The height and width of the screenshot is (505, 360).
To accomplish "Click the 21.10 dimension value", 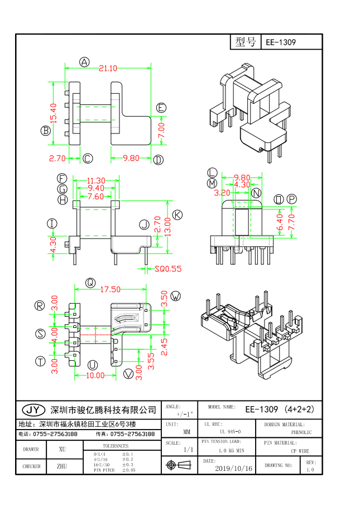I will tap(108, 69).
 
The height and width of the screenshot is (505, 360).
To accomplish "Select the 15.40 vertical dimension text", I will tap(54, 112).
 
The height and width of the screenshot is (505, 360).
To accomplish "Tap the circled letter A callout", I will tap(84, 62).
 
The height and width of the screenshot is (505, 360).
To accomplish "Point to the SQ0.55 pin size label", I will tap(168, 269).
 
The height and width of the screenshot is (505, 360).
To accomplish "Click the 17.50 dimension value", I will tap(110, 289).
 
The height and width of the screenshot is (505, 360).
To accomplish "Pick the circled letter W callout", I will tap(176, 296).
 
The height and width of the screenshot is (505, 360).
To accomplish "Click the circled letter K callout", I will tap(177, 215).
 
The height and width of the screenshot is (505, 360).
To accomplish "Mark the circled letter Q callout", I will tap(89, 283).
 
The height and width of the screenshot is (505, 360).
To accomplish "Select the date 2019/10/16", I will tap(233, 468).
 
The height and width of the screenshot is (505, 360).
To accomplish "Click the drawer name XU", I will tap(62, 449).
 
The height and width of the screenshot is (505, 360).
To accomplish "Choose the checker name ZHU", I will tap(62, 465).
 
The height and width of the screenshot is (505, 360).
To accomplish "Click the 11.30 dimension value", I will tap(97, 180).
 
